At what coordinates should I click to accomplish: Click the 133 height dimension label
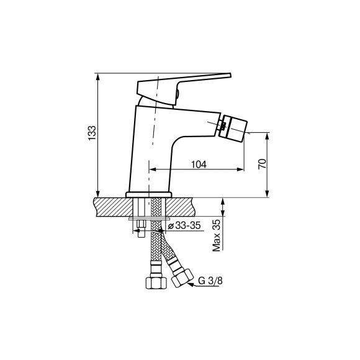[92, 133]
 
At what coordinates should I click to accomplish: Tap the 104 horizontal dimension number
[199, 164]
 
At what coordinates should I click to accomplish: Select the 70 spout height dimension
[263, 164]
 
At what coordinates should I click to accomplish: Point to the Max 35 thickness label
[216, 235]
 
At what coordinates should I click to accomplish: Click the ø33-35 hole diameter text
[184, 226]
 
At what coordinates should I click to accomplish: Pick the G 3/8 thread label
[210, 281]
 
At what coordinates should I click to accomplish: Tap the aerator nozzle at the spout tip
[233, 126]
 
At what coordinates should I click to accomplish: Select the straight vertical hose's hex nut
[156, 283]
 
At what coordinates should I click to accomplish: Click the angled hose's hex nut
[182, 278]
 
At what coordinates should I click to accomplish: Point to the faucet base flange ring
[149, 195]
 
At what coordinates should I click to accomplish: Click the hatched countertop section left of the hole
[113, 207]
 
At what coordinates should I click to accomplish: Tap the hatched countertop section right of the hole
[181, 207]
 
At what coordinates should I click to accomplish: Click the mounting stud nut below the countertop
[141, 224]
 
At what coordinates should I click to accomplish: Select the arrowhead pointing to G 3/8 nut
[191, 285]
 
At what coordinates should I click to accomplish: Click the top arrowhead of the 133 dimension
[98, 77]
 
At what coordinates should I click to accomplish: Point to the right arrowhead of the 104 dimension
[240, 169]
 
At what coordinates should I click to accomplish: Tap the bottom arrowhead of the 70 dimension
[267, 194]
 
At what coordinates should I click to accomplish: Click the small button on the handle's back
[178, 94]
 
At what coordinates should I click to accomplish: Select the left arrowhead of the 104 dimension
[153, 169]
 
